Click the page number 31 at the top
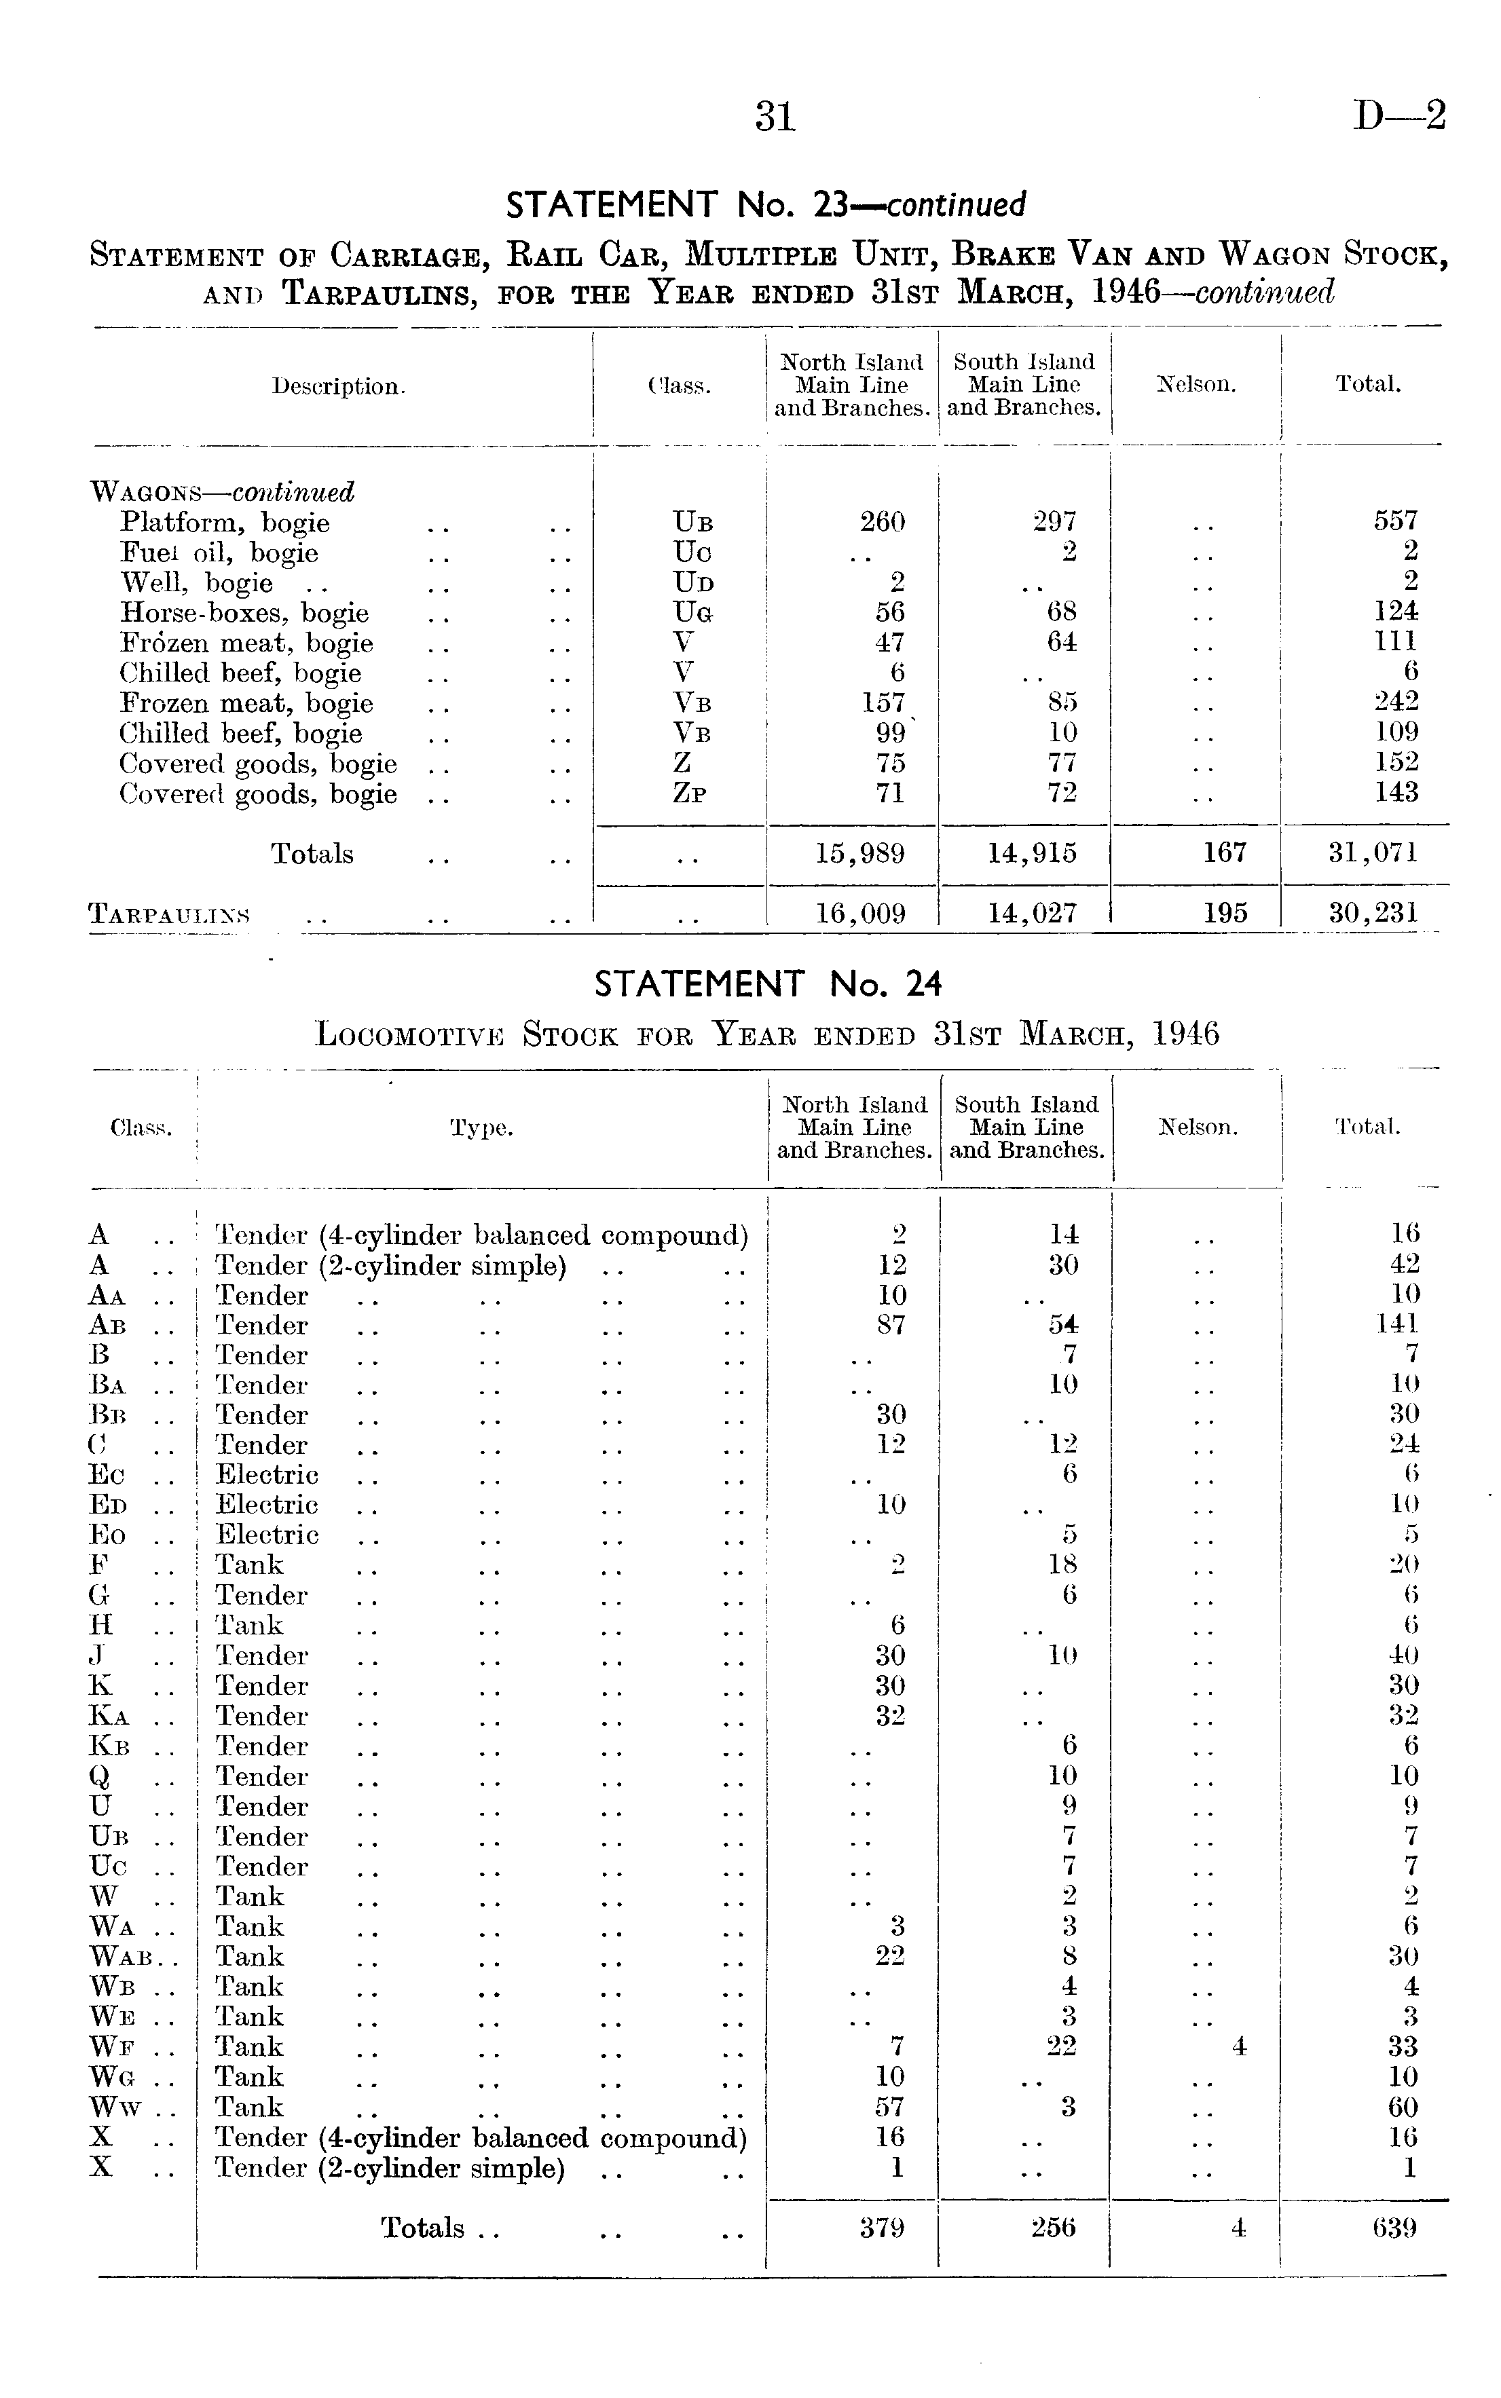[775, 117]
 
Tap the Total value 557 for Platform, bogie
[1396, 521]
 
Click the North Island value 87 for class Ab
[891, 1325]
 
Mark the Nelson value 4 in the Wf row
[1239, 2046]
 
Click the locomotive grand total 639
[1395, 2228]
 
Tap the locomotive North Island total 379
[883, 2228]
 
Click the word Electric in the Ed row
[267, 1505]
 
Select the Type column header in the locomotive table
[481, 1129]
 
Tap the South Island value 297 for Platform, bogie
[1054, 521]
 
